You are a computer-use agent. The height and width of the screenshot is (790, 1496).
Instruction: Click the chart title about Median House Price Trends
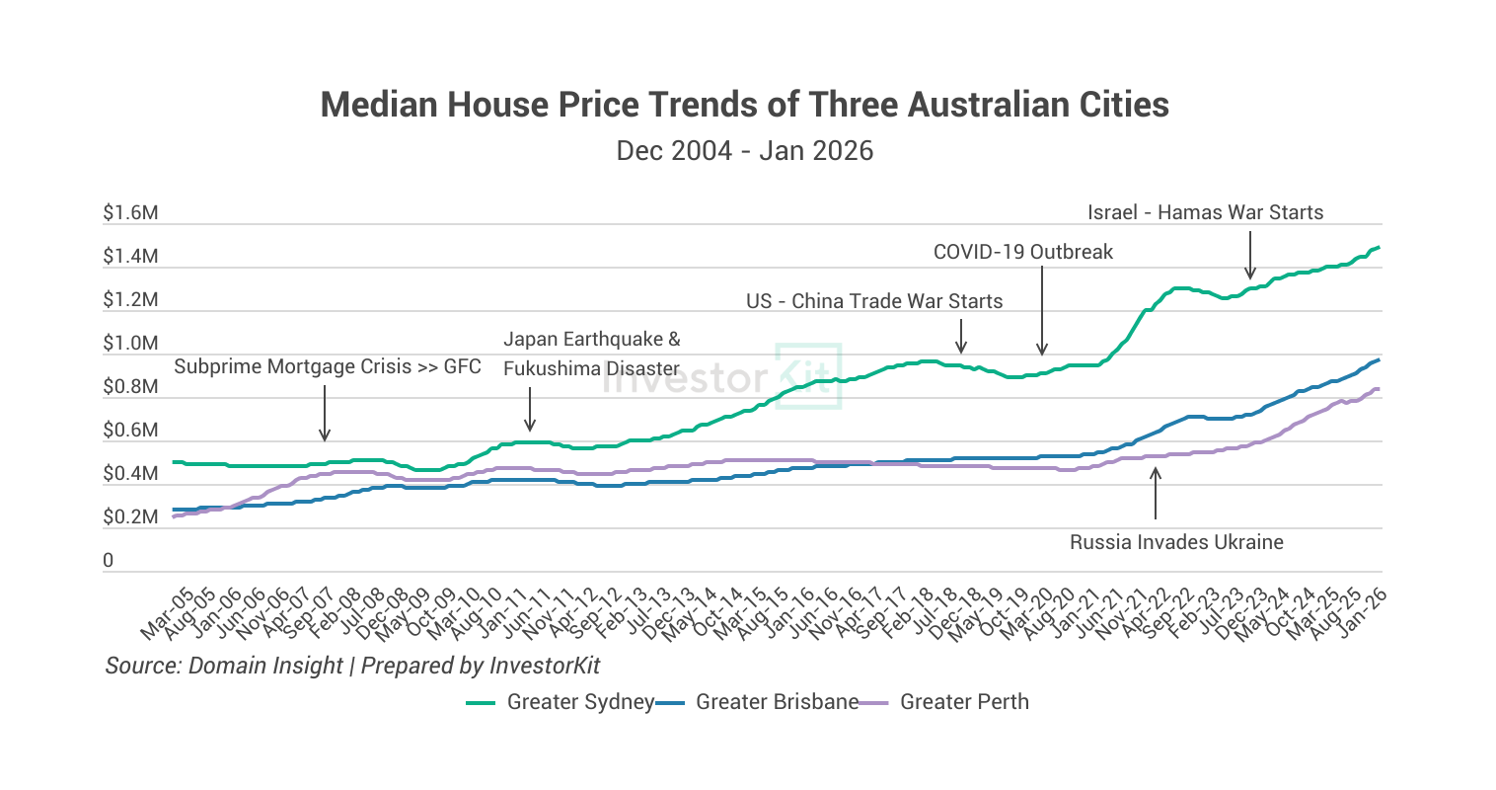pos(745,105)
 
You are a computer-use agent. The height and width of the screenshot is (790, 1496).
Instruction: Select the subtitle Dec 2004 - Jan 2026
pos(745,151)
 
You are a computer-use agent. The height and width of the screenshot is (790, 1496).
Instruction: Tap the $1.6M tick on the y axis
pos(130,213)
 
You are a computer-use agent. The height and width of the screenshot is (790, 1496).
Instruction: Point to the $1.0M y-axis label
pos(130,344)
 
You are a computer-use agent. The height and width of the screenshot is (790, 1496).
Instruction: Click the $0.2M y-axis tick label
pos(130,517)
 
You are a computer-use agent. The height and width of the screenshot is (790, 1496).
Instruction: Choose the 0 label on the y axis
pos(109,561)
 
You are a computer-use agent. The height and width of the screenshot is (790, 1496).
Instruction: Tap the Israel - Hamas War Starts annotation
pos(1205,212)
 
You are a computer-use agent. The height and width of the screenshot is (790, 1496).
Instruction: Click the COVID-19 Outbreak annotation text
pos(1023,252)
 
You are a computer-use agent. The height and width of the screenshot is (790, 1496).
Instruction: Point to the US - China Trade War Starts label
pos(874,301)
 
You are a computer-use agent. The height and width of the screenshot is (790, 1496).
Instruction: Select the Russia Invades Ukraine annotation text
pos(1176,542)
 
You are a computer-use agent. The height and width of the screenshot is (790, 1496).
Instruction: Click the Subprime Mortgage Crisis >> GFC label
pos(328,367)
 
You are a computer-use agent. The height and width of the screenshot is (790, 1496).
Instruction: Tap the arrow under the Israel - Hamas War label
pos(1250,256)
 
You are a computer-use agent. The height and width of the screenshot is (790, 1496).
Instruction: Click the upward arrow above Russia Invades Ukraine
pos(1156,493)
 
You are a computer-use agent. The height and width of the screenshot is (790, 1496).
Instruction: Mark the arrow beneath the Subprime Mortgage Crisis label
pos(325,413)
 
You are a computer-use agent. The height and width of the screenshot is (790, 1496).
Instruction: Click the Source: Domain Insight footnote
pos(352,666)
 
